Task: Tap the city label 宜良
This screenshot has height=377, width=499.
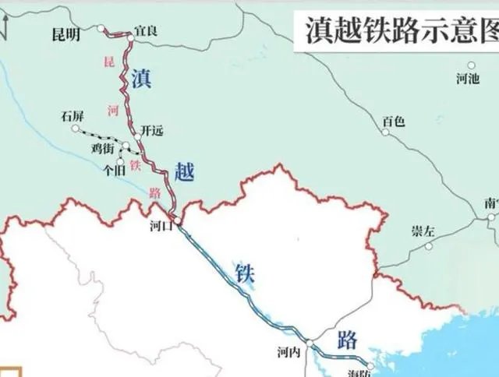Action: point(146,30)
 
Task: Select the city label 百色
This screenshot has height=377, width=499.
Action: point(394,121)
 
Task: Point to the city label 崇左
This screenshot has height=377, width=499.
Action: point(422,231)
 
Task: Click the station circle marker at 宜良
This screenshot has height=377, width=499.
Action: point(131,36)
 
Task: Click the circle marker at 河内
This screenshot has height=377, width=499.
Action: point(310,344)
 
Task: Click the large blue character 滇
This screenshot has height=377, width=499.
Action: point(141,79)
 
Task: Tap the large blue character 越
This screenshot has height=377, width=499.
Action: point(185,172)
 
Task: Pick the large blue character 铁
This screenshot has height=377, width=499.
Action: point(245,273)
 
